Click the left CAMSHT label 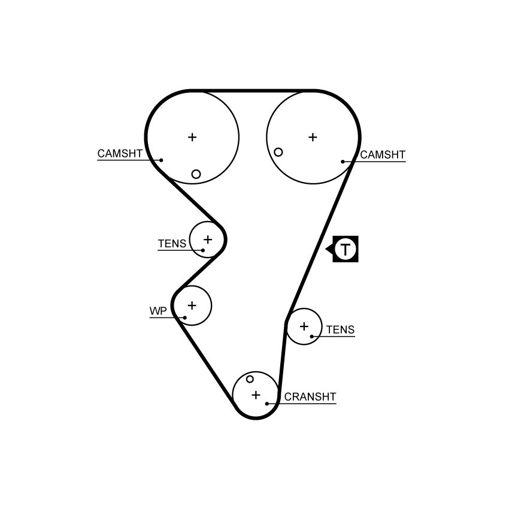coord(120,153)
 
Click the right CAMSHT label coord(383,155)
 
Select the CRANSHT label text coord(310,396)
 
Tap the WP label coord(158,311)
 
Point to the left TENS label coord(172,244)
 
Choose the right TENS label coord(341,330)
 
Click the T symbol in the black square coord(346,249)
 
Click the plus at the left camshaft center coord(192,137)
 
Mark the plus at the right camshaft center coord(313,137)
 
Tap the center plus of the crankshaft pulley coord(256,395)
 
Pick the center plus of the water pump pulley coord(192,305)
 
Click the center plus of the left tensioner coord(208,240)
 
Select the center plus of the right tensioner coord(304,326)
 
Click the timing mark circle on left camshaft coord(196,174)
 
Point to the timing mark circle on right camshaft coord(278,152)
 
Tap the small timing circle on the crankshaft coord(250,379)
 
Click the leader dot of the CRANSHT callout coord(267,404)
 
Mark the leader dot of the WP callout coord(184,318)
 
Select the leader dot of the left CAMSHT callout coord(161,160)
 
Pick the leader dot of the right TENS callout coord(311,337)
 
